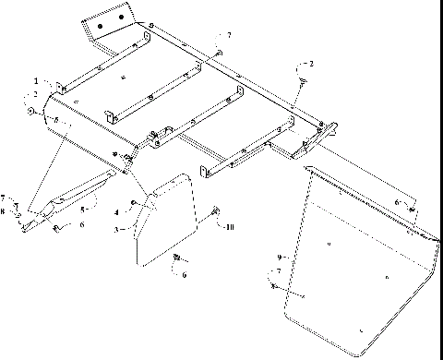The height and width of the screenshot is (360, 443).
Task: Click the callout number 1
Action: click(37, 81)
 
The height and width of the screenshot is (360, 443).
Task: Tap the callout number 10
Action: click(231, 225)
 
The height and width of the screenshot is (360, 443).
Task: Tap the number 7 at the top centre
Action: click(230, 35)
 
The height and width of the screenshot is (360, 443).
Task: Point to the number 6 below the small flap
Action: click(185, 274)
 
